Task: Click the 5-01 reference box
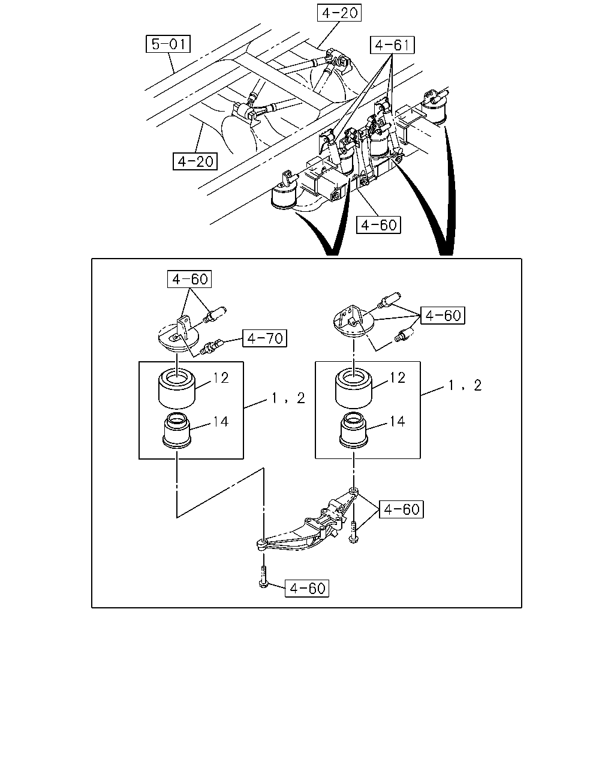(x=168, y=44)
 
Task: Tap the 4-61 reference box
(x=392, y=45)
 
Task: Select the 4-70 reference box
(x=264, y=338)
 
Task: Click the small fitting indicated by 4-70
(x=212, y=347)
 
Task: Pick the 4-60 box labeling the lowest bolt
(x=307, y=588)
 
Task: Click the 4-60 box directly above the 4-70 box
(x=189, y=279)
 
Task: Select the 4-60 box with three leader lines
(x=443, y=315)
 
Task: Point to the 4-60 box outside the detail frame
(x=378, y=225)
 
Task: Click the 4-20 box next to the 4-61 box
(x=339, y=13)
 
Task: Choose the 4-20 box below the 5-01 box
(x=195, y=161)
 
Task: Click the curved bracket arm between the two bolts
(x=306, y=522)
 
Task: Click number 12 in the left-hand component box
(x=221, y=378)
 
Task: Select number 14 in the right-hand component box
(x=397, y=421)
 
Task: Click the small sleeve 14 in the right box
(x=354, y=430)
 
